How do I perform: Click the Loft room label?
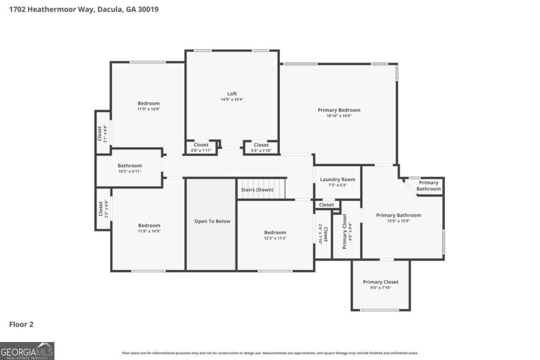pos(232,94)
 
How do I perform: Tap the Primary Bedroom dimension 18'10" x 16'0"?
pos(339,116)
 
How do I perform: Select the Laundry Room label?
pos(337,180)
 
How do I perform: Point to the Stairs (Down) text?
pos(257,190)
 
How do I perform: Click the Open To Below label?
pos(212,221)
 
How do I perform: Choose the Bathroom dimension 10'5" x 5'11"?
pos(130,171)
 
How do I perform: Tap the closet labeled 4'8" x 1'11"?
pos(201,147)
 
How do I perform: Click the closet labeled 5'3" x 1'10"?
pos(261,148)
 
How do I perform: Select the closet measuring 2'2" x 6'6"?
pos(103,209)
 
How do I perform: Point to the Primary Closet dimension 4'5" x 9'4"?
pos(350,231)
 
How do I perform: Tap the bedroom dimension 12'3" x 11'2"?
pos(275,238)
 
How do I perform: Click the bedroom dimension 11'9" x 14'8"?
pos(148,109)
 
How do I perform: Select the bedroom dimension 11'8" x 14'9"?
pos(149,231)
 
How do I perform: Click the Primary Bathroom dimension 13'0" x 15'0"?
pos(399,221)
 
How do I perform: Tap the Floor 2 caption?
pos(21,324)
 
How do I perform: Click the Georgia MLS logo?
pos(27,351)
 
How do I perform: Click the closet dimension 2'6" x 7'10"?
pos(320,234)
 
